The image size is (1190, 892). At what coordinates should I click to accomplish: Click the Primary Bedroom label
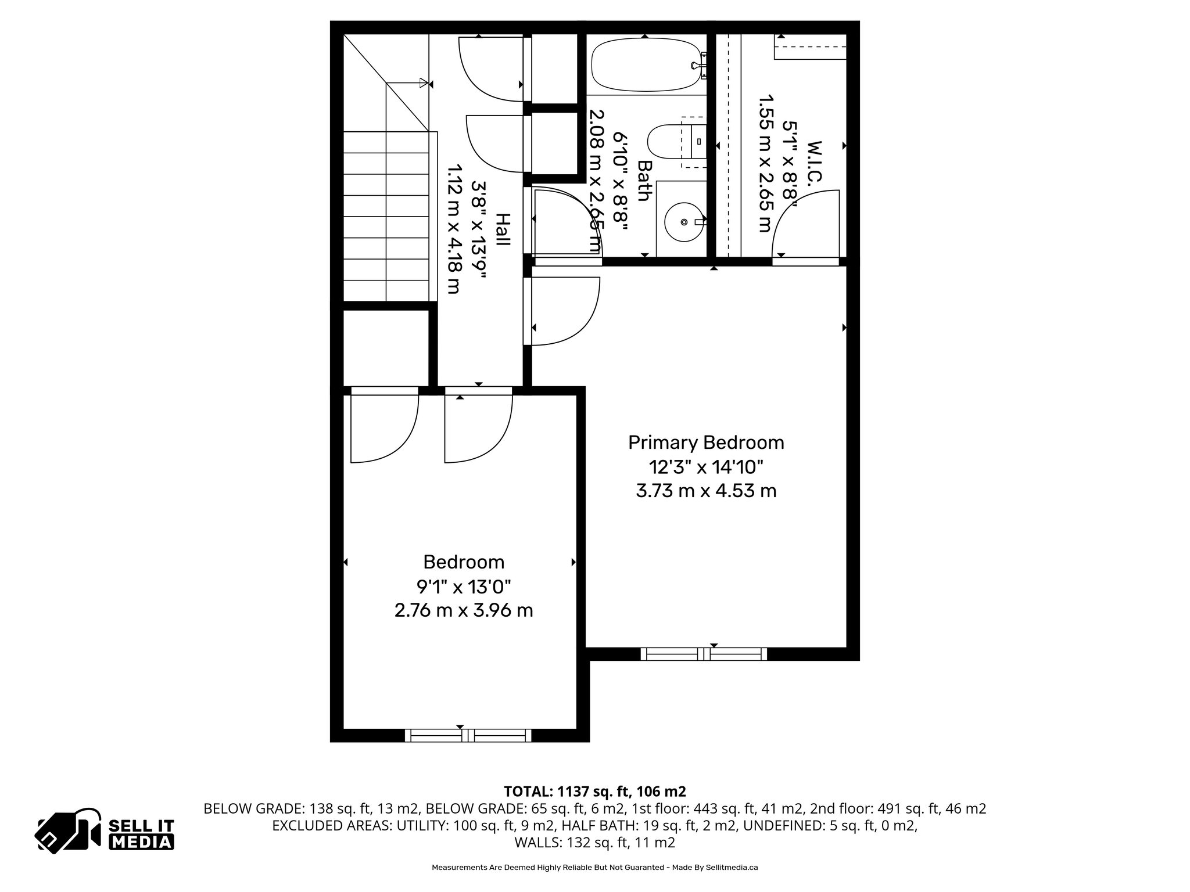706,443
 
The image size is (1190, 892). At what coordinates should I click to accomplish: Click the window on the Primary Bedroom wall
704,654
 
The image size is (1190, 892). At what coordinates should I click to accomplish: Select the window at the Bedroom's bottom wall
468,735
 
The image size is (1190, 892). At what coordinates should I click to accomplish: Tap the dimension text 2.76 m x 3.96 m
464,611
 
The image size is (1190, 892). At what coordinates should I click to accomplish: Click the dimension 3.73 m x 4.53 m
706,491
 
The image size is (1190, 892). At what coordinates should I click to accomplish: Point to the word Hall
503,229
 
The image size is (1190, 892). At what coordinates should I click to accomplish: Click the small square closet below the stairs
386,347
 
